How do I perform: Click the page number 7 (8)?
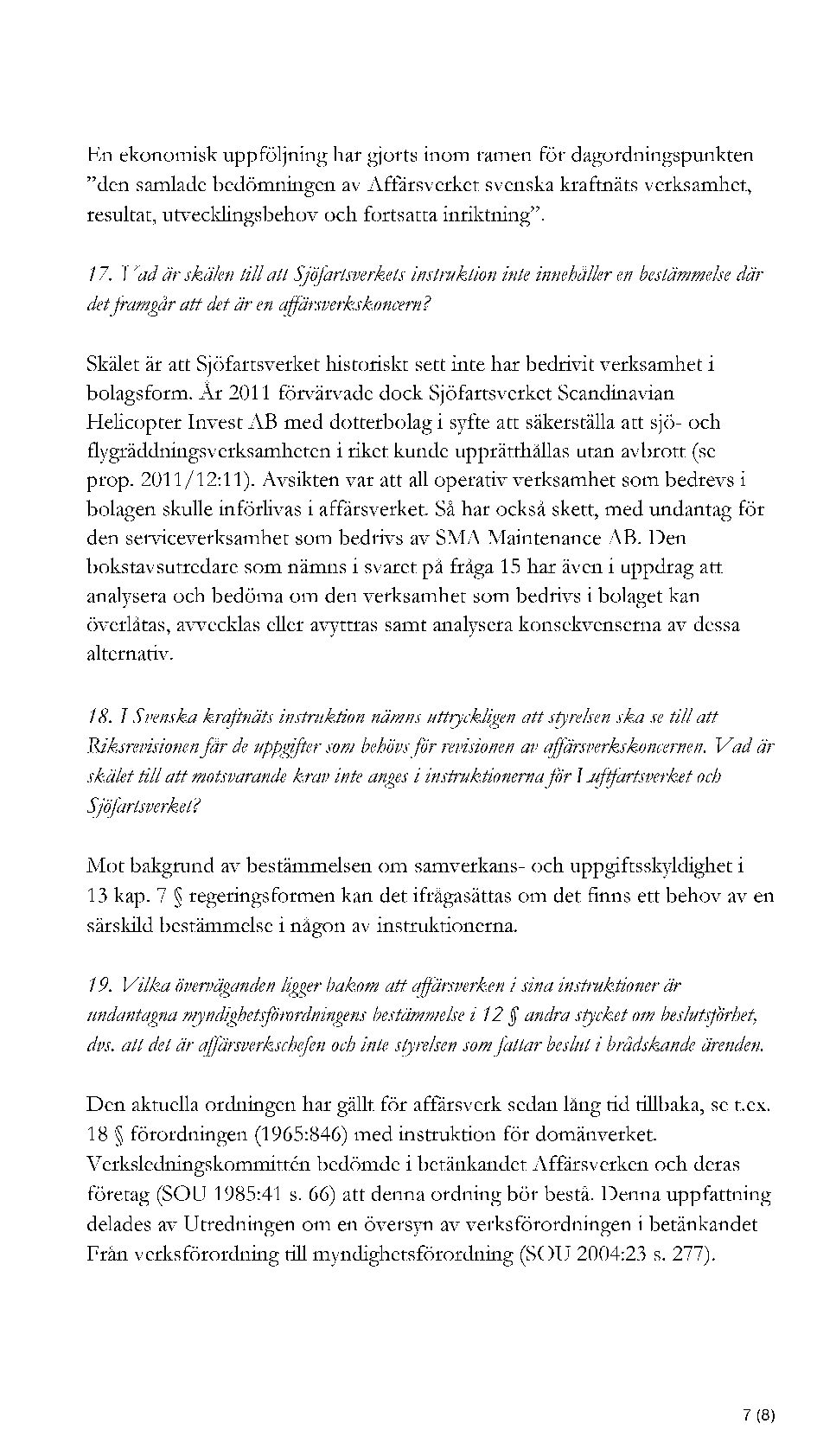(x=758, y=1392)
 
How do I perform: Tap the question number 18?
(x=99, y=717)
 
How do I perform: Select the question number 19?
(x=100, y=985)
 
